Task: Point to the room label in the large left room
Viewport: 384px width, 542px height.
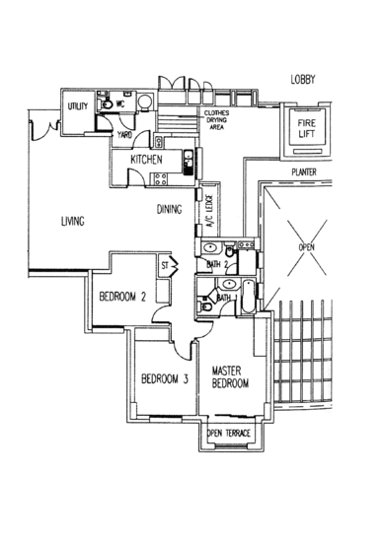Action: click(x=69, y=221)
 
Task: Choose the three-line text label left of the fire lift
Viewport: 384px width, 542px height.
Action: click(x=215, y=120)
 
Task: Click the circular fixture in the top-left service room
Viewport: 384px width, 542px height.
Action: click(x=144, y=100)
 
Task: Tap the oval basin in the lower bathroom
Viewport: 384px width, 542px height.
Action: click(x=225, y=287)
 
